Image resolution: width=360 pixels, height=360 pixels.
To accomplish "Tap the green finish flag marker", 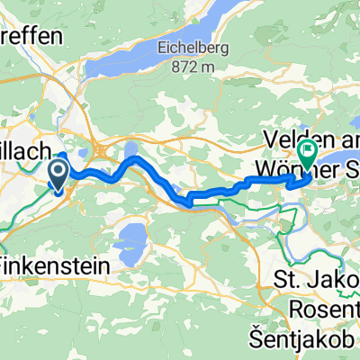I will point(306,154).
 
